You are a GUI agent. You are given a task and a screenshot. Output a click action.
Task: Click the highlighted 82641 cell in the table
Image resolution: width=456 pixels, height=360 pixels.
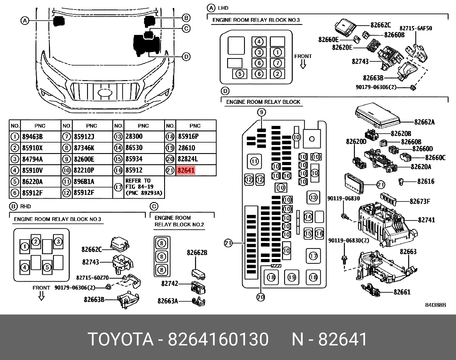186,171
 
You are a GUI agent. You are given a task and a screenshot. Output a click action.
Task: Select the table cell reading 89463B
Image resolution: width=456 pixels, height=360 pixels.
32,137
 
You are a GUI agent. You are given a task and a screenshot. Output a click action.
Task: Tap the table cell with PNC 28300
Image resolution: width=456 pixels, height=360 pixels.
134,137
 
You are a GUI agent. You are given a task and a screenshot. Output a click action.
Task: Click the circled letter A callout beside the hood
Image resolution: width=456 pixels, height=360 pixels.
25,21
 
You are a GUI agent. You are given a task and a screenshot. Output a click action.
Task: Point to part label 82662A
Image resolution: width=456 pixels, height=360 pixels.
424,122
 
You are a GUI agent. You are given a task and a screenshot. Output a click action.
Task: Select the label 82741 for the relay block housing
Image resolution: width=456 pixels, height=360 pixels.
426,220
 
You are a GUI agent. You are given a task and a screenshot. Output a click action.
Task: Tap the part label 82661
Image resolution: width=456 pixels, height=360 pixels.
402,292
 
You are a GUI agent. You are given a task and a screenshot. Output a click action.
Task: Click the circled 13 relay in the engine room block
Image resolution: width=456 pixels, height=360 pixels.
313,197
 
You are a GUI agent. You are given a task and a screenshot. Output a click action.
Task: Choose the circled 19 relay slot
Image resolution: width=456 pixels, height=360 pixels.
292,277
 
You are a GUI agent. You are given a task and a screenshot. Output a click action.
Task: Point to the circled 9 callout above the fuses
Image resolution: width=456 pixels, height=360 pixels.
261,112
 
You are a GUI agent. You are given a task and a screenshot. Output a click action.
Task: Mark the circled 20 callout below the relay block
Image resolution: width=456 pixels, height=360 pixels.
260,297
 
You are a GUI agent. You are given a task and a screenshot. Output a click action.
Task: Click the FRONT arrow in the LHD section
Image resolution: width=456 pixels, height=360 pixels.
303,61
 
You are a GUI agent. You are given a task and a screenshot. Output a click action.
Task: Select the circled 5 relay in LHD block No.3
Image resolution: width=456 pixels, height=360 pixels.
240,74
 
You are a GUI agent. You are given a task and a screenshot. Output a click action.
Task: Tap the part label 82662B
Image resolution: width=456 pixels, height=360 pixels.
197,253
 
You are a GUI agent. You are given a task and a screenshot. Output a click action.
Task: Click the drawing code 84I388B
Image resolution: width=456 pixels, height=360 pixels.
435,305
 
